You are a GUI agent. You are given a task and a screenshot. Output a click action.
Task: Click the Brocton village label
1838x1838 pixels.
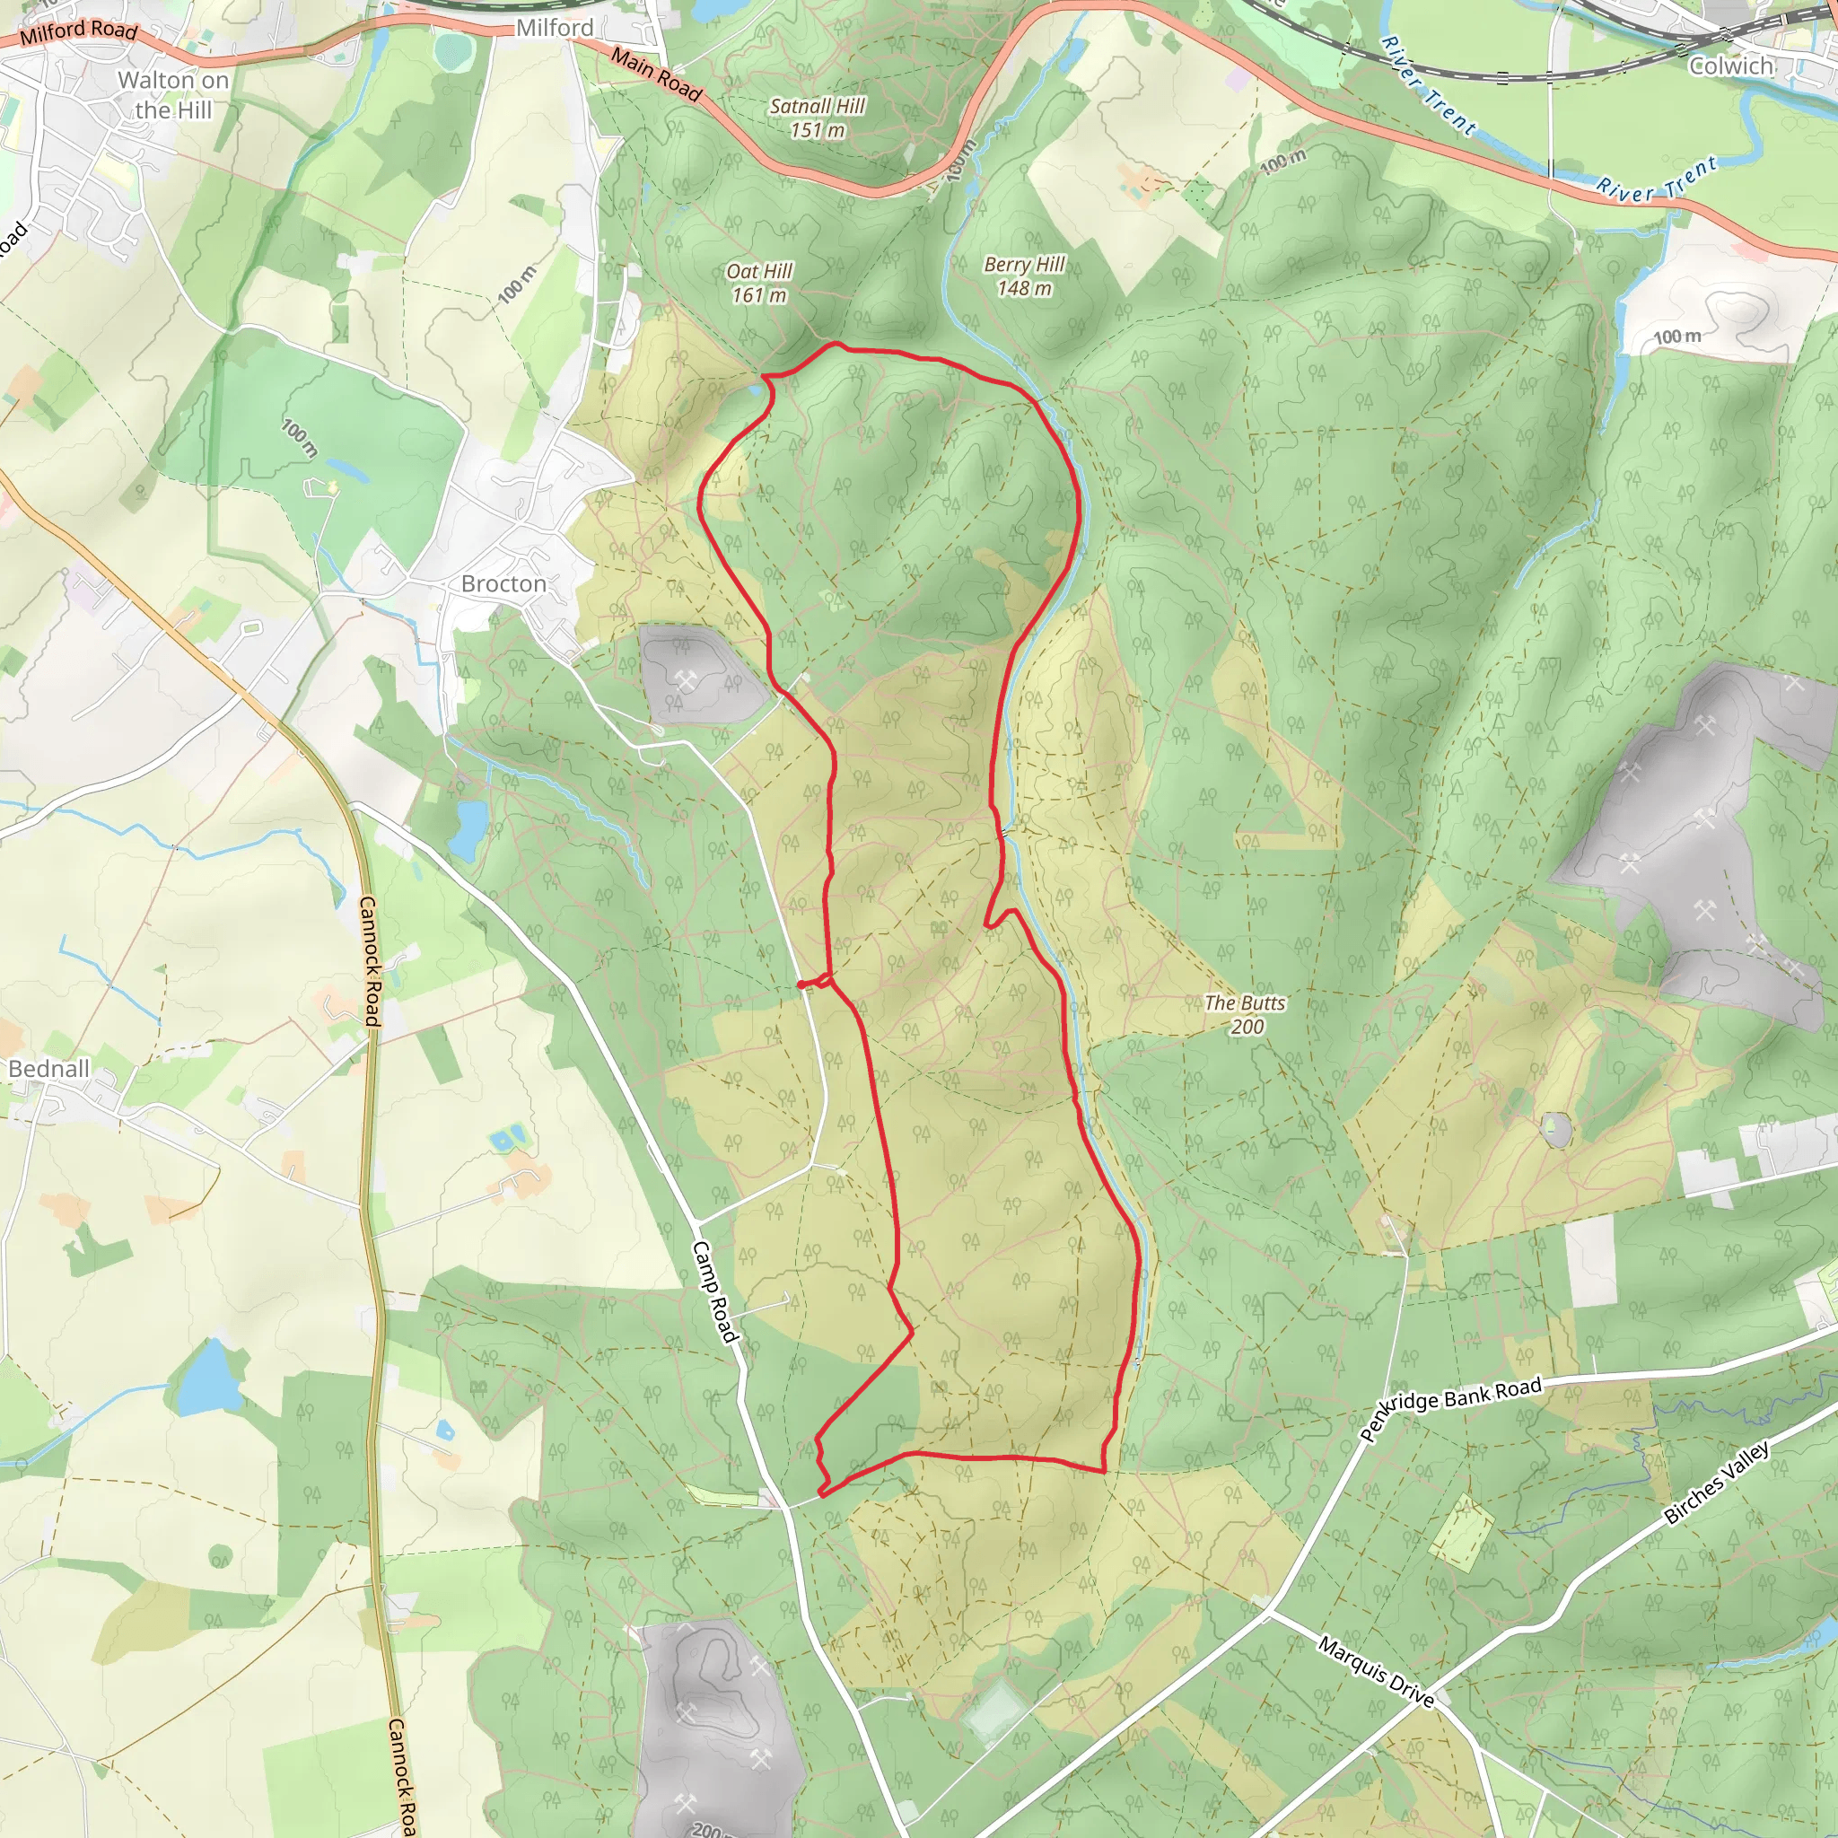(x=503, y=583)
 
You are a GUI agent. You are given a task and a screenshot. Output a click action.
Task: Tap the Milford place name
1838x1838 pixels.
(x=555, y=29)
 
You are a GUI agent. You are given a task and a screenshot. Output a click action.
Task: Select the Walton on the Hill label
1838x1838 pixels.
(x=173, y=95)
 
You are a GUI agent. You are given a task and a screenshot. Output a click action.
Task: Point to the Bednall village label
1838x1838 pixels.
(x=48, y=1068)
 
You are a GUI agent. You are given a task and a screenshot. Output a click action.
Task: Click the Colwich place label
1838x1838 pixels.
(x=1730, y=66)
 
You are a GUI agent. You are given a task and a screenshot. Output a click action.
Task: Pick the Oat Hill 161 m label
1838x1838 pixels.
(x=759, y=283)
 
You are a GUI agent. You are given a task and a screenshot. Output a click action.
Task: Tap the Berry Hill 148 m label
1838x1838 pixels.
(x=1024, y=276)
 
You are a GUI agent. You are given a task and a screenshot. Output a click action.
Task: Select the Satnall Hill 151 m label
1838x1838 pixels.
(x=818, y=118)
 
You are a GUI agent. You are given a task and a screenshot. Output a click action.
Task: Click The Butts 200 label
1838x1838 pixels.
(x=1245, y=1014)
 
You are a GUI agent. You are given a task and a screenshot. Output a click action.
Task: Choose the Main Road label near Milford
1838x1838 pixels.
(x=656, y=75)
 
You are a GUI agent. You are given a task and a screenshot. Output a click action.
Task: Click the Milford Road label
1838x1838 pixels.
(x=79, y=31)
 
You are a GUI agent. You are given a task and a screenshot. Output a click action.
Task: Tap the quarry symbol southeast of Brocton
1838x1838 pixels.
(x=685, y=679)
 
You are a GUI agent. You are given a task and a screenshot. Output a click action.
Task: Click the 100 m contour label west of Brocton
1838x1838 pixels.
(x=300, y=438)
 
